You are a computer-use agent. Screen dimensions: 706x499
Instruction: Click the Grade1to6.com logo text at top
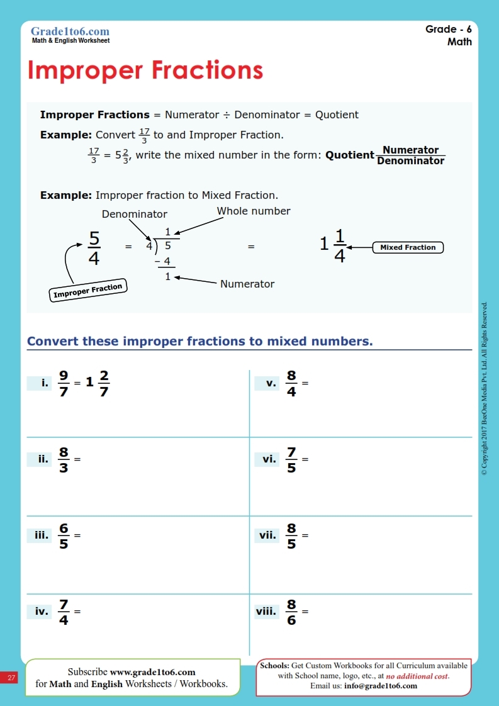70,31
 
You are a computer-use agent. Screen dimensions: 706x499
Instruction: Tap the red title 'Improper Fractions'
145,70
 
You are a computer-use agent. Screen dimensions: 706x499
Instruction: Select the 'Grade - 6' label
448,30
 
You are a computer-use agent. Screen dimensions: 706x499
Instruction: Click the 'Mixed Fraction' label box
408,247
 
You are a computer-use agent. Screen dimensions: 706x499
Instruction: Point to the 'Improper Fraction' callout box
87,291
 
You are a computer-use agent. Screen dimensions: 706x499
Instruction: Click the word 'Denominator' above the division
135,214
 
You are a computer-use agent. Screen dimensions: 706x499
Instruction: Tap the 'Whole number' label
254,211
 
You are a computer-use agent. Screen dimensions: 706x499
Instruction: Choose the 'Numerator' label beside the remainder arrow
247,284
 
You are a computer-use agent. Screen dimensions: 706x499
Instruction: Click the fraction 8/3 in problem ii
64,459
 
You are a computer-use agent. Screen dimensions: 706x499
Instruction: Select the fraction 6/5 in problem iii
64,535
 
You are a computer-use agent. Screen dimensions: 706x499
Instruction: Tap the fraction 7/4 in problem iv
64,611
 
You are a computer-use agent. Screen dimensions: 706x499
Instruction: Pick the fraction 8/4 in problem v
291,383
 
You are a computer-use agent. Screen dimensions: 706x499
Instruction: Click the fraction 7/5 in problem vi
291,459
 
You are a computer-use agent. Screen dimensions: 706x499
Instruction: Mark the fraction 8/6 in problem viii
291,611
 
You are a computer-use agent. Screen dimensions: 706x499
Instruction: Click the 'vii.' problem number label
267,535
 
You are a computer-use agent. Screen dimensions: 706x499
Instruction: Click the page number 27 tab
11,678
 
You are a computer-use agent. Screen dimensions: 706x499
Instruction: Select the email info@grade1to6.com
380,685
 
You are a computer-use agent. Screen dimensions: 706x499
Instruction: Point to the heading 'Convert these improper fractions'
199,341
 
